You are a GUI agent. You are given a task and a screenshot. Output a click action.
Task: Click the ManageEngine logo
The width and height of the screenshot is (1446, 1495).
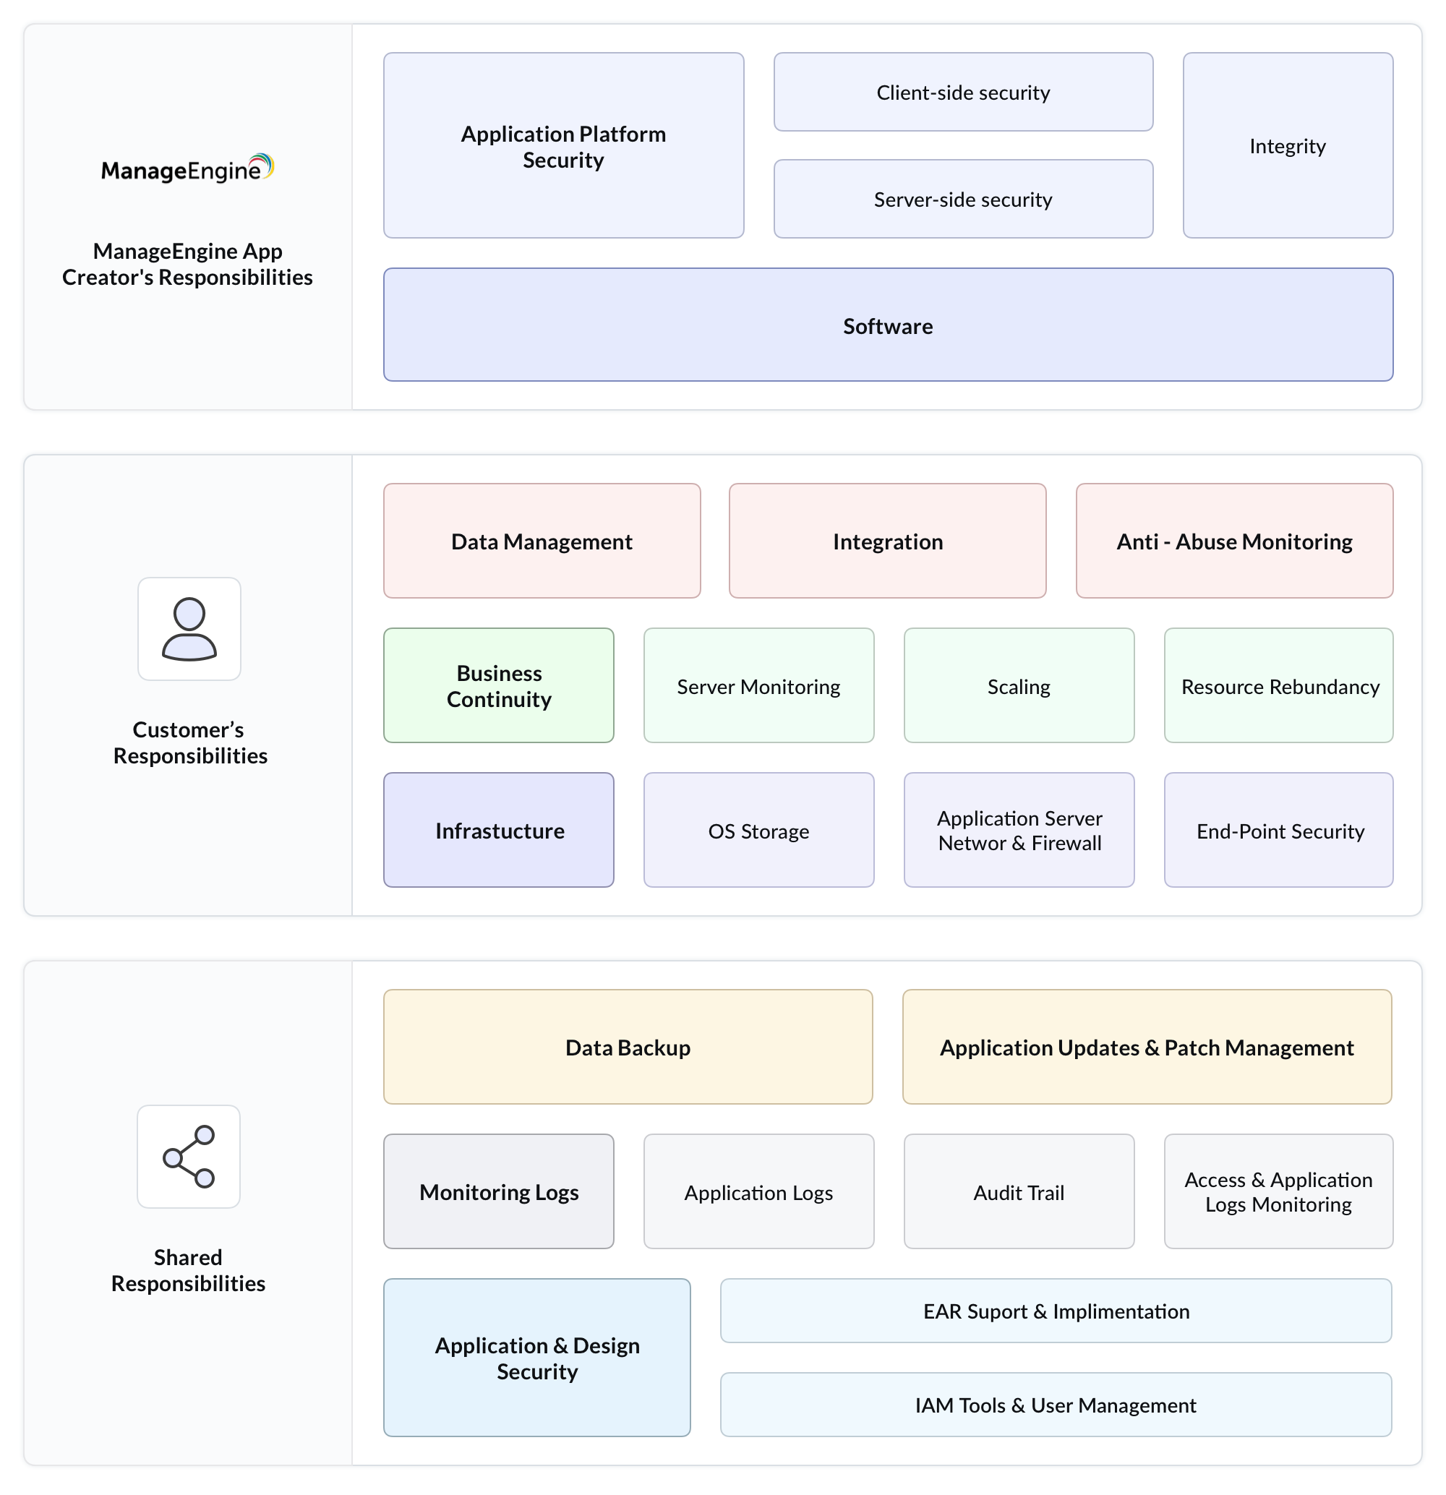pos(187,168)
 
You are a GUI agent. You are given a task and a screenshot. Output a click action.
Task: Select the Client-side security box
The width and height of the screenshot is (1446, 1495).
pos(962,93)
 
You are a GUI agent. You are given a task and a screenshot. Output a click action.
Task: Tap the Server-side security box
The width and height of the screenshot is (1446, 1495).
pos(962,199)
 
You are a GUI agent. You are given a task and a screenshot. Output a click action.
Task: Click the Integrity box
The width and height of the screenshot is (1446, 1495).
pos(1288,146)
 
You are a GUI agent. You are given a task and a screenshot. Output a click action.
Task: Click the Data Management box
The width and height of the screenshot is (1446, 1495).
pos(542,541)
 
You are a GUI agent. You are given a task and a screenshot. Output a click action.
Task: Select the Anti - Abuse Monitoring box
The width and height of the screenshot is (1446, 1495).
pos(1234,541)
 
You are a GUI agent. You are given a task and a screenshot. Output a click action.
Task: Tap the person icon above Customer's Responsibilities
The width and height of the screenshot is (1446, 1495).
pos(189,628)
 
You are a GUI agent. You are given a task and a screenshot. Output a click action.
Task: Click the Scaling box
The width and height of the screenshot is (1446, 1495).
pos(1019,686)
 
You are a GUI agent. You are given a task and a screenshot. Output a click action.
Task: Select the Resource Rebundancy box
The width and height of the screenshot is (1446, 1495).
pos(1279,686)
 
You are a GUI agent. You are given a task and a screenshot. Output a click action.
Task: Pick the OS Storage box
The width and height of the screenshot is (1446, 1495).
pos(758,830)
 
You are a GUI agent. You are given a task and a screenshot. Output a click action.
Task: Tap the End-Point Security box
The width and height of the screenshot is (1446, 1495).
pos(1279,830)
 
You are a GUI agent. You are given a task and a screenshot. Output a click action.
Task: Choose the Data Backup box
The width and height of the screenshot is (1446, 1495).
pos(628,1047)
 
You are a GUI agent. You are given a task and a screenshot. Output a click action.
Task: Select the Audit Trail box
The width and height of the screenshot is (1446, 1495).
pos(1019,1191)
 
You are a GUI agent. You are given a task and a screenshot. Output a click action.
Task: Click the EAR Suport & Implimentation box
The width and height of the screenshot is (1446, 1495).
pos(1056,1311)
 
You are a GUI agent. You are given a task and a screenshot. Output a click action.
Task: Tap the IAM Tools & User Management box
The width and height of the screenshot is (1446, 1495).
pos(1056,1404)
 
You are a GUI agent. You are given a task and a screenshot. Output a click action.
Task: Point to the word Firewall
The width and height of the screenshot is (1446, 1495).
pos(1066,843)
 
